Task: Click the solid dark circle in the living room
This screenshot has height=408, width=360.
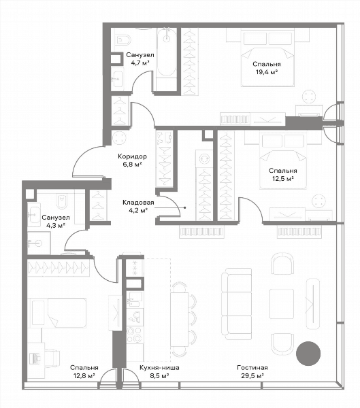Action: coord(308,354)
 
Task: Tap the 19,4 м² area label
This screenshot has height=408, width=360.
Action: coord(267,72)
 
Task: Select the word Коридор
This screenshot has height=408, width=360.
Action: coord(132,156)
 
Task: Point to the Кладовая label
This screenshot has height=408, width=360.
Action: coord(138,203)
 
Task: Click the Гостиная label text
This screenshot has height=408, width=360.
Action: coord(252,368)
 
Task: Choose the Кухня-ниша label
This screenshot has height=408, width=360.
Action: coord(159,368)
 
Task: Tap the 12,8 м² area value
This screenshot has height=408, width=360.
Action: coord(84,376)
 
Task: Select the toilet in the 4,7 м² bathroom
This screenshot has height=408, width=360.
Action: coord(123,39)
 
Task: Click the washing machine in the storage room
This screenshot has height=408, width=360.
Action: coord(204,158)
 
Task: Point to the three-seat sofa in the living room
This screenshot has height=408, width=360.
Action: coord(237,304)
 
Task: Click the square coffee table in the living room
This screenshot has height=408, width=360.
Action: coord(282,304)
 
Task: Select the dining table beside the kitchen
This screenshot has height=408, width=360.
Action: coord(179,320)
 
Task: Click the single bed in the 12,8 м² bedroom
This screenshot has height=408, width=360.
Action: coord(58,313)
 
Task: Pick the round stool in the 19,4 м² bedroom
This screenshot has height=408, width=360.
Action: coord(310,97)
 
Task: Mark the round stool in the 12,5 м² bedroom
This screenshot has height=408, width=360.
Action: coord(319,201)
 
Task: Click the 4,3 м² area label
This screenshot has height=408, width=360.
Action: coord(56,225)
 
